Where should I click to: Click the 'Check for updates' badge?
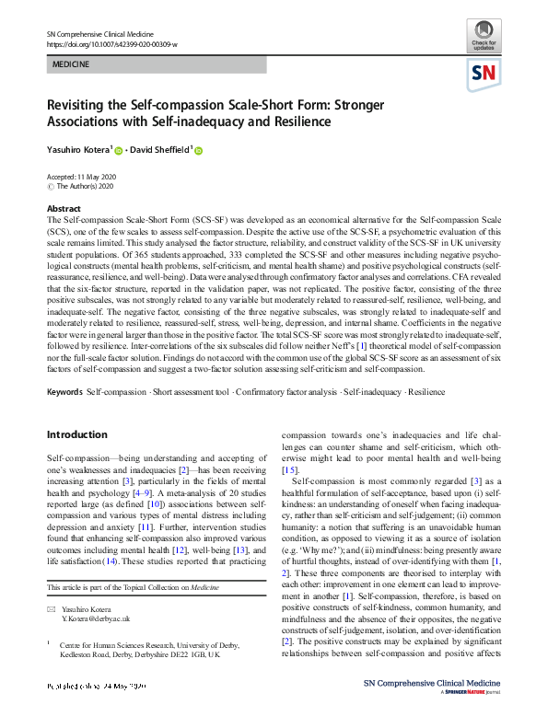pyautogui.click(x=484, y=40)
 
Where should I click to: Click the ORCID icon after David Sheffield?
pyautogui.click(x=197, y=151)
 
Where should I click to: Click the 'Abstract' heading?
pyautogui.click(x=64, y=209)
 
